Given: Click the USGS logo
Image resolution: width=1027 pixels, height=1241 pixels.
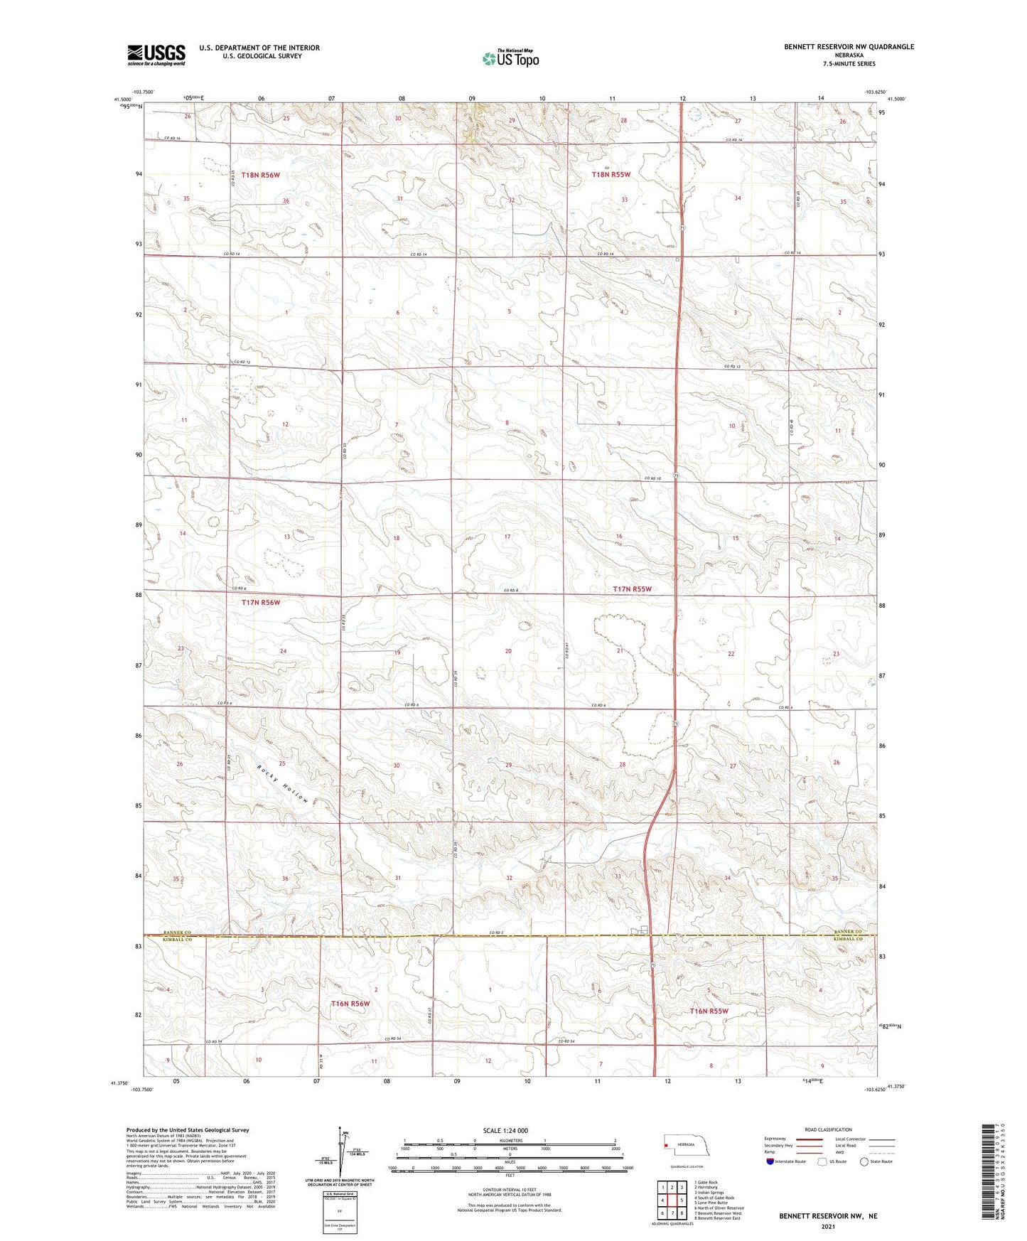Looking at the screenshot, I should (156, 55).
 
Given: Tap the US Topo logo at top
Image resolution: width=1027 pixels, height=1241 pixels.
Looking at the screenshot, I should (510, 58).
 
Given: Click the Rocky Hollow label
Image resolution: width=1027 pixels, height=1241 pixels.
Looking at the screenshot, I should (282, 784).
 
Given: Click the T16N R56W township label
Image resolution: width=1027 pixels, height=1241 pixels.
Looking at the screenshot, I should (350, 1004).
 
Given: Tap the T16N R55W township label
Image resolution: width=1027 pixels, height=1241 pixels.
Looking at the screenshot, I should (709, 1011).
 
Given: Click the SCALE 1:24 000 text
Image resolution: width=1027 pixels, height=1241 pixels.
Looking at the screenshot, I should (505, 1130).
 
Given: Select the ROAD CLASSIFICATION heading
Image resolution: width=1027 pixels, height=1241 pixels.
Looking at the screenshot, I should (828, 1129).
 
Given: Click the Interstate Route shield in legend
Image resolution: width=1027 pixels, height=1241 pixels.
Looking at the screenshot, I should (770, 1161).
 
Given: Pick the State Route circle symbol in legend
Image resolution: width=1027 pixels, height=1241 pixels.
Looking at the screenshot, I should (864, 1161).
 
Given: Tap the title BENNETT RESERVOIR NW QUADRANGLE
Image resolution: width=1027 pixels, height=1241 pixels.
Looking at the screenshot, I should (849, 47).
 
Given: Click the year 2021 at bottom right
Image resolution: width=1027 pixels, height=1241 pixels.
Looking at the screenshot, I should (827, 1226).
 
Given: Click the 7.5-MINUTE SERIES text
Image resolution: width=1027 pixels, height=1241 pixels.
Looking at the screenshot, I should (849, 64).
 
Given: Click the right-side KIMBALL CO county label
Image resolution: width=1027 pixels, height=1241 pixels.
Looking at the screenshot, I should (849, 939).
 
